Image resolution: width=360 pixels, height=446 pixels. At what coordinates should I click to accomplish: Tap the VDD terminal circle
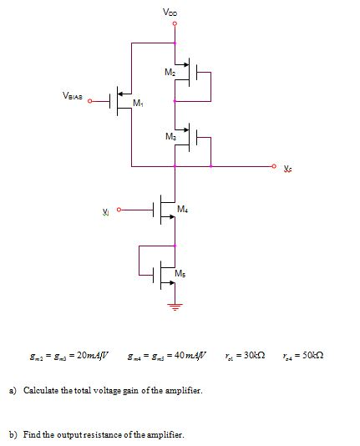click(175, 23)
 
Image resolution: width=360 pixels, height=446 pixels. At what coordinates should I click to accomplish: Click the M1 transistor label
click(139, 104)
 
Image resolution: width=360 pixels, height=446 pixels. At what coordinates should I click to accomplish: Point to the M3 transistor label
click(170, 135)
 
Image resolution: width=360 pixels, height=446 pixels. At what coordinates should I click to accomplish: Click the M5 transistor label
click(180, 274)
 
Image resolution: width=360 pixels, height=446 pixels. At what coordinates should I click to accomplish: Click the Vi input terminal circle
click(119, 210)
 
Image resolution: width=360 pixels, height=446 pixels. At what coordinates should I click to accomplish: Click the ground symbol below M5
click(175, 306)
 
